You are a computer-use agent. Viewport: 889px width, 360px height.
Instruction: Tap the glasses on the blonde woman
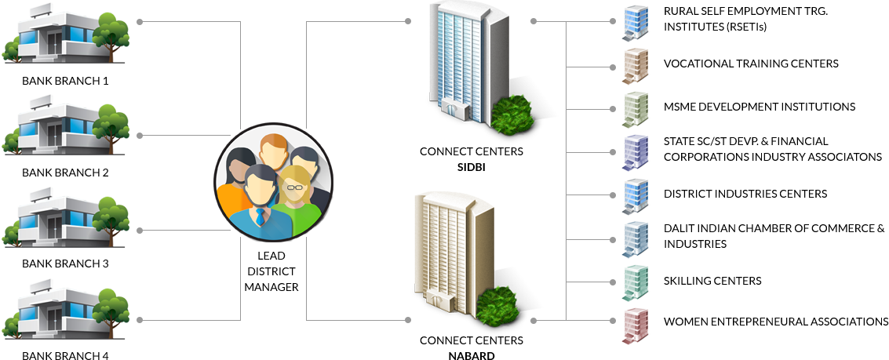pyautogui.click(x=294, y=187)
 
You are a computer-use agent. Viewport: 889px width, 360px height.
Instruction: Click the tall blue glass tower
pyautogui.click(x=462, y=63)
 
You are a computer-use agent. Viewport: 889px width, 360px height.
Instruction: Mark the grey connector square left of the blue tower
pyautogui.click(x=408, y=22)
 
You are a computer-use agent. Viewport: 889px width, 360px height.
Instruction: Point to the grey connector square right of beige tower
pyautogui.click(x=533, y=320)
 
